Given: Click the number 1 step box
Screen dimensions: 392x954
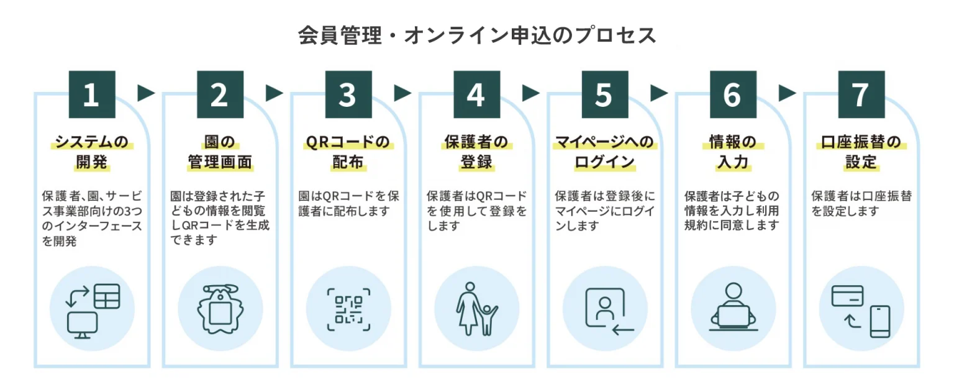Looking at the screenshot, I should point(91,94).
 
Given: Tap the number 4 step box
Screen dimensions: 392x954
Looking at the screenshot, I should point(476,94).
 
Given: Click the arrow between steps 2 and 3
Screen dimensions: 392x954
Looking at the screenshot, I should point(274,93).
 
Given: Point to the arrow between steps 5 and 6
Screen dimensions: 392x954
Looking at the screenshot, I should point(659,93).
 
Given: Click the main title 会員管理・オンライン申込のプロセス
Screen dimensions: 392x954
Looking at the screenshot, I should point(477,35).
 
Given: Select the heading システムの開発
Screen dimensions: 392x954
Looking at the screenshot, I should point(91,152).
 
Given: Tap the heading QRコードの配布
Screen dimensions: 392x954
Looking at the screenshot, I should point(348,152).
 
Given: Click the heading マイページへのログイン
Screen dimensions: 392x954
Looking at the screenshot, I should point(604,152).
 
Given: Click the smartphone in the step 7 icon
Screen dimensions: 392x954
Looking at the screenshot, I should point(879,321).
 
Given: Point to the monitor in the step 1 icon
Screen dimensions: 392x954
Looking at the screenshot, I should point(83,324).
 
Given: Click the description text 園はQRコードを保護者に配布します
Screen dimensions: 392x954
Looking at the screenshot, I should point(348,203).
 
